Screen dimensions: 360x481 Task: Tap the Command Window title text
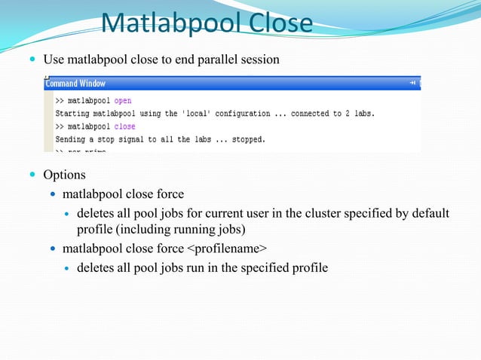[76, 84]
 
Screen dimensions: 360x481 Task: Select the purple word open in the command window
[123, 100]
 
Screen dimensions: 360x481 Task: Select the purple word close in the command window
[124, 127]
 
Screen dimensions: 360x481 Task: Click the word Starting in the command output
[74, 114]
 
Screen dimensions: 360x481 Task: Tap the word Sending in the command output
[72, 139]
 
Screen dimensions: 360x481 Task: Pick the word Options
[64, 175]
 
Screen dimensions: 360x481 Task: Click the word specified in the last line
[261, 267]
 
